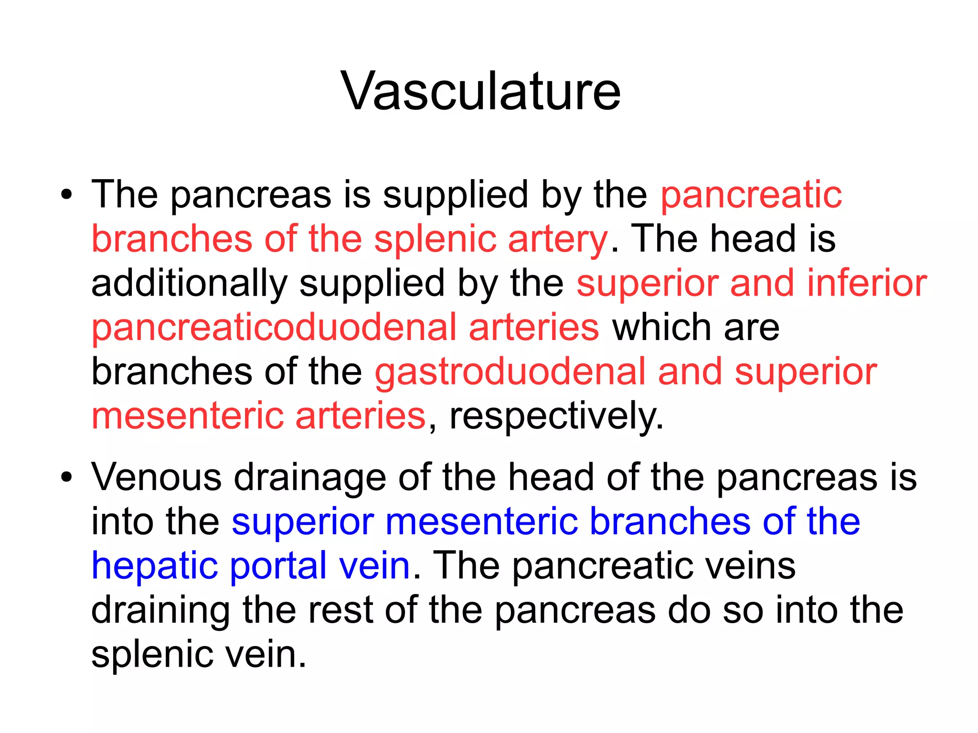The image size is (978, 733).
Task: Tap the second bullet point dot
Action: tap(67, 477)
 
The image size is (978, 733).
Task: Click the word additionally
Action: tap(189, 283)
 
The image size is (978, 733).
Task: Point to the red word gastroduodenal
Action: tap(510, 372)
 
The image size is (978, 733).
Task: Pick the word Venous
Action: tap(156, 477)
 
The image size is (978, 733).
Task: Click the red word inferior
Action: tap(867, 283)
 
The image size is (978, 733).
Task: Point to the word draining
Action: tap(160, 611)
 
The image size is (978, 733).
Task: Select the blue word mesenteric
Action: tap(481, 521)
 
